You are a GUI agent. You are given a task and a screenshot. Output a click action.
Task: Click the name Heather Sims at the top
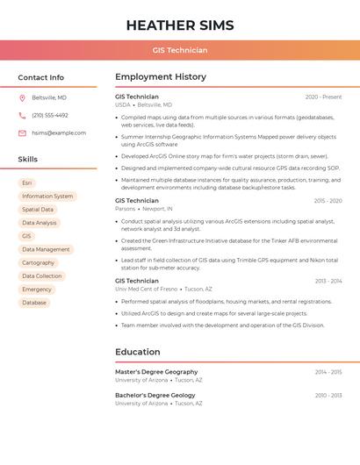pyautogui.click(x=180, y=24)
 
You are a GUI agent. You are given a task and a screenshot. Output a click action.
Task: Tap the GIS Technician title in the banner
pyautogui.click(x=180, y=50)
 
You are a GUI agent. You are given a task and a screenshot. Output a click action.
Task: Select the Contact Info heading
pyautogui.click(x=41, y=77)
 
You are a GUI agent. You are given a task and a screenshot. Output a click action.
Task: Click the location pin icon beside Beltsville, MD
pyautogui.click(x=22, y=97)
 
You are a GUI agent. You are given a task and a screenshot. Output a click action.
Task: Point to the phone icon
pyautogui.click(x=22, y=115)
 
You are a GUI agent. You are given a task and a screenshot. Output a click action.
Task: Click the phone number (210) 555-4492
pyautogui.click(x=50, y=115)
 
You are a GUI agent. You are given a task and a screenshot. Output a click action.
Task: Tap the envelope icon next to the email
pyautogui.click(x=22, y=133)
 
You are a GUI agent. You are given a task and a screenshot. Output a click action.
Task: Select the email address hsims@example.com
pyautogui.click(x=59, y=133)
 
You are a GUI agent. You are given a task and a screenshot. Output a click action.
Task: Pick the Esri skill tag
pyautogui.click(x=27, y=183)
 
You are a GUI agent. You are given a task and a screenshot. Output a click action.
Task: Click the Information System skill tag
pyautogui.click(x=47, y=197)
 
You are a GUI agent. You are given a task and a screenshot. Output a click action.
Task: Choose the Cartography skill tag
pyautogui.click(x=38, y=263)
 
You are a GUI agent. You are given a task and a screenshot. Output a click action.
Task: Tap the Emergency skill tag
pyautogui.click(x=37, y=290)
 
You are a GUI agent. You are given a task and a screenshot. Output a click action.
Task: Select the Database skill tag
pyautogui.click(x=34, y=303)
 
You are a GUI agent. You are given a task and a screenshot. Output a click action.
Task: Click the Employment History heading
pyautogui.click(x=161, y=77)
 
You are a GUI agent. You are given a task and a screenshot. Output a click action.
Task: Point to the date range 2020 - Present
pyautogui.click(x=323, y=97)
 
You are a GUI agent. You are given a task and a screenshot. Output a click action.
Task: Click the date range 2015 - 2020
pyautogui.click(x=328, y=201)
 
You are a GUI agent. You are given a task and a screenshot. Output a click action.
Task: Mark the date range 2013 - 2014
pyautogui.click(x=328, y=281)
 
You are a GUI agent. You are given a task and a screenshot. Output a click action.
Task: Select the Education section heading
pyautogui.click(x=138, y=352)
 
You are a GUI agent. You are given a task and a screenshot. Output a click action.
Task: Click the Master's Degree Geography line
pyautogui.click(x=156, y=372)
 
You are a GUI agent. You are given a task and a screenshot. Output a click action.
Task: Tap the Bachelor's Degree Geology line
pyautogui.click(x=155, y=396)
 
